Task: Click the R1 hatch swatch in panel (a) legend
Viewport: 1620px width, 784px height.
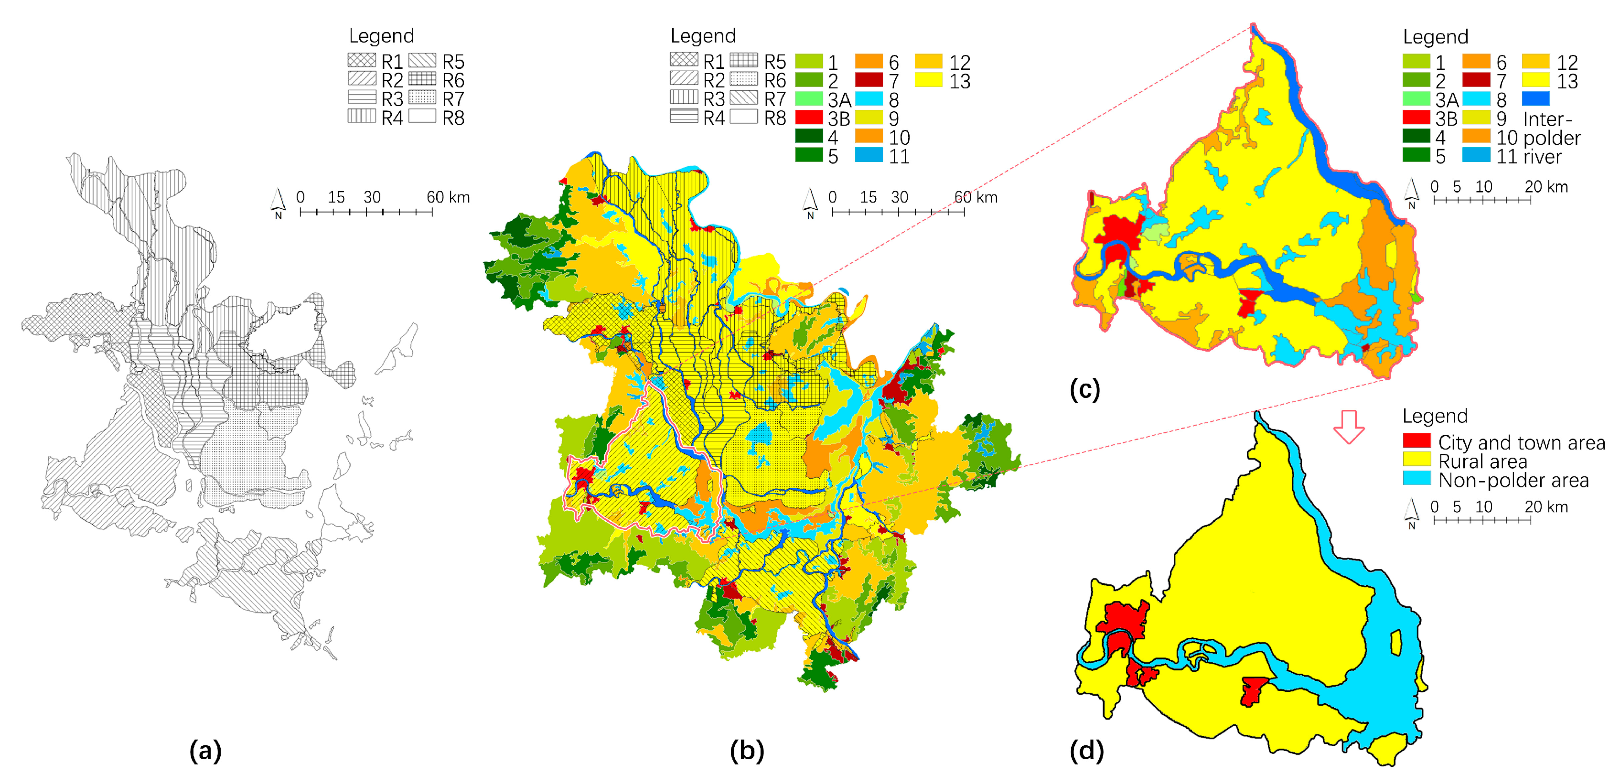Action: pyautogui.click(x=362, y=60)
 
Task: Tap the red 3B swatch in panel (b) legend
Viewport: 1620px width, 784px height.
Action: pyautogui.click(x=809, y=118)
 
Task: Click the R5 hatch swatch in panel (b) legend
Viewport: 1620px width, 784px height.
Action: pyautogui.click(x=743, y=60)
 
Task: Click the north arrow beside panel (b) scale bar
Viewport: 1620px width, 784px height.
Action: pyautogui.click(x=810, y=203)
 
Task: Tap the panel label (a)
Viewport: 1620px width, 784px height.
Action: pyautogui.click(x=205, y=750)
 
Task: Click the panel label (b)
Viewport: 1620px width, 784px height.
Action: pyautogui.click(x=747, y=750)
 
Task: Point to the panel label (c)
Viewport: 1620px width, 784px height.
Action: pyautogui.click(x=1085, y=389)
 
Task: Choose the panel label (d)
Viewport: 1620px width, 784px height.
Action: pyautogui.click(x=1086, y=750)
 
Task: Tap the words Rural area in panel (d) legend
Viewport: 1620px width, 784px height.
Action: pyautogui.click(x=1482, y=462)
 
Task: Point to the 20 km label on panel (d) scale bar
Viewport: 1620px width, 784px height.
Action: pyautogui.click(x=1546, y=507)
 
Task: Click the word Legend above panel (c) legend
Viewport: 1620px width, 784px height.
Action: pyautogui.click(x=1435, y=36)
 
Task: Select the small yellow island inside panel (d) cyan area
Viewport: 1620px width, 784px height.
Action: pyautogui.click(x=1395, y=643)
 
